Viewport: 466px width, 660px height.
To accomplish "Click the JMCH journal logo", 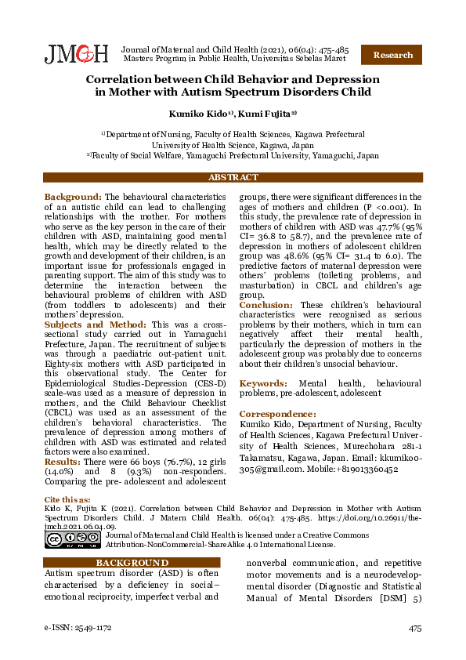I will pyautogui.click(x=76, y=53).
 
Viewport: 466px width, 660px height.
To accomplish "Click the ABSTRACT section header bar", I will pyautogui.click(x=233, y=178).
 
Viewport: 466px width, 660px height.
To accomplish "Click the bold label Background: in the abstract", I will pyautogui.click(x=73, y=197).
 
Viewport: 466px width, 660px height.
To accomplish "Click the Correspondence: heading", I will pyautogui.click(x=277, y=413).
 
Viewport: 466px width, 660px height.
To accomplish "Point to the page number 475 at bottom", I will pyautogui.click(x=414, y=629).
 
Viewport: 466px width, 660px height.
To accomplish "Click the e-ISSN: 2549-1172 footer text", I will pyautogui.click(x=78, y=629).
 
